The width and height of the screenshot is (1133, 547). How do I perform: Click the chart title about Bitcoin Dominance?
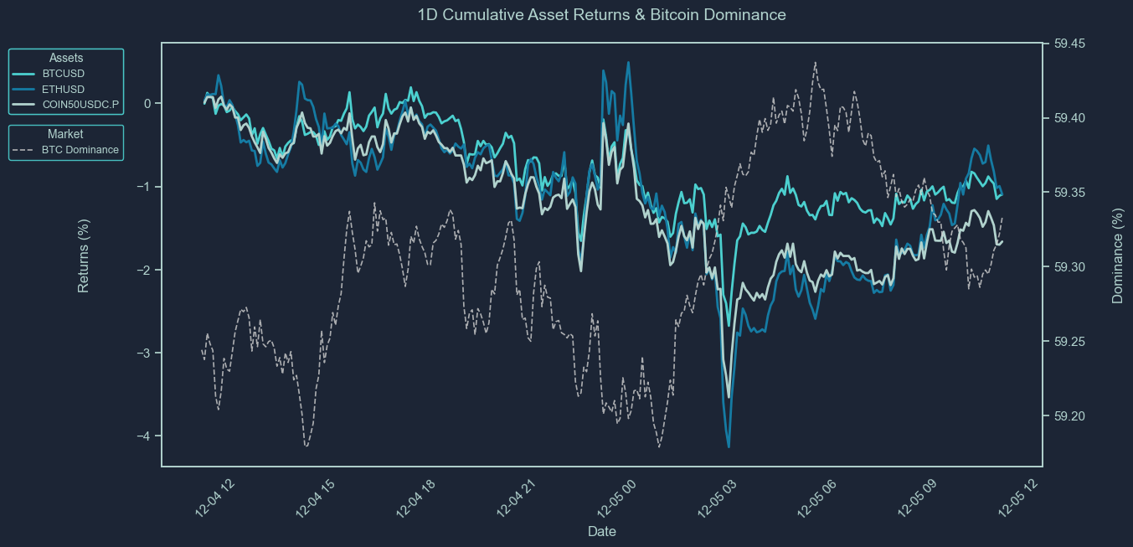pos(601,15)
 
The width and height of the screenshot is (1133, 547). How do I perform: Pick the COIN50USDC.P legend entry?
pos(80,105)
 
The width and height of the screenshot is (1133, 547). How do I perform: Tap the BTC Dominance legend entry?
pos(80,150)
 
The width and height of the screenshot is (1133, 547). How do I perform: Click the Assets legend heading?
pos(66,58)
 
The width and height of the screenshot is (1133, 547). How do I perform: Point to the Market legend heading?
pos(65,134)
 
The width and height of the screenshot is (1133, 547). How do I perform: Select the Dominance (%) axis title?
pos(1117,255)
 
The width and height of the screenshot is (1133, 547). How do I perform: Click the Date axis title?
pos(602,532)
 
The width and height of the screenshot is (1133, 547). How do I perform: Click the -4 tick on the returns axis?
pos(143,436)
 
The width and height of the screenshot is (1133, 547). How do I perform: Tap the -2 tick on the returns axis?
pos(143,270)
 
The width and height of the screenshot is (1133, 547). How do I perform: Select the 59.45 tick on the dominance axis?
pos(1069,44)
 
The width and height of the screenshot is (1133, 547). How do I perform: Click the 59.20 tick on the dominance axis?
pos(1069,416)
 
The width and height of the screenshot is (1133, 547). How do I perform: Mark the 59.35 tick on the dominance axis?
pos(1069,193)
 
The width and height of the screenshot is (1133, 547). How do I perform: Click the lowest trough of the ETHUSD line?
pos(729,446)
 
